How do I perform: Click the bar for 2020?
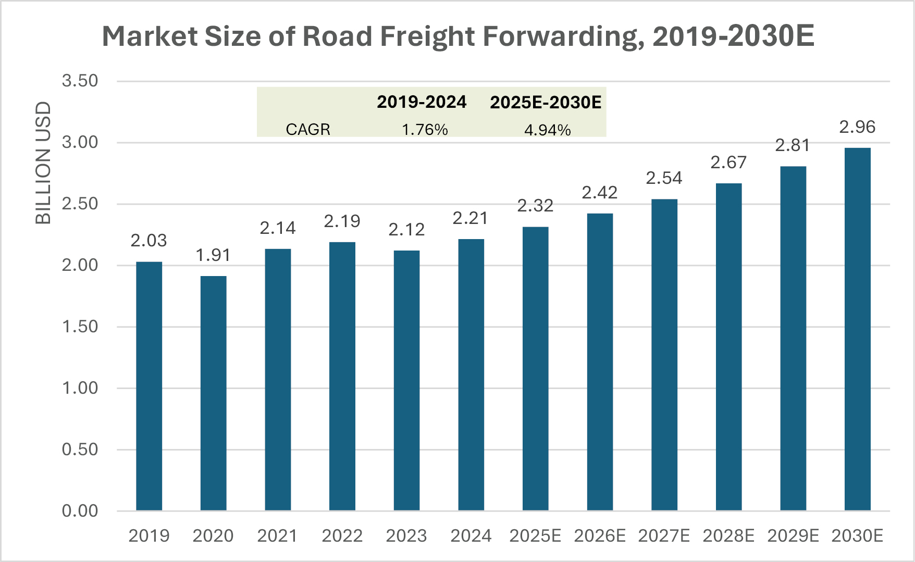point(213,393)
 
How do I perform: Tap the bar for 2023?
point(406,380)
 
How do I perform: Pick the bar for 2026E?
point(600,362)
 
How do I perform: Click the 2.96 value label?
point(857,127)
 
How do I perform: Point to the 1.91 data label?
point(213,255)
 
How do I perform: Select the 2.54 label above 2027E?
point(664,178)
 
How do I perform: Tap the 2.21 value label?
point(471,218)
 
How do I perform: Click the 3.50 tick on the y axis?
point(80,81)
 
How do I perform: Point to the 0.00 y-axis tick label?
point(80,511)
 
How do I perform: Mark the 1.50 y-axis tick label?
point(80,327)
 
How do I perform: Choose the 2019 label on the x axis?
point(149,536)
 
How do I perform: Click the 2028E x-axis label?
point(728,536)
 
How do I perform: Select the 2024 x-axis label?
point(471,536)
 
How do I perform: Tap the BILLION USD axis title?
point(43,163)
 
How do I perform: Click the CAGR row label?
point(308,129)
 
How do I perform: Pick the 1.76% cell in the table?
point(425,129)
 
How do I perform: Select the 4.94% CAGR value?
point(547,130)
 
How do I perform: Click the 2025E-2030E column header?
point(546,102)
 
